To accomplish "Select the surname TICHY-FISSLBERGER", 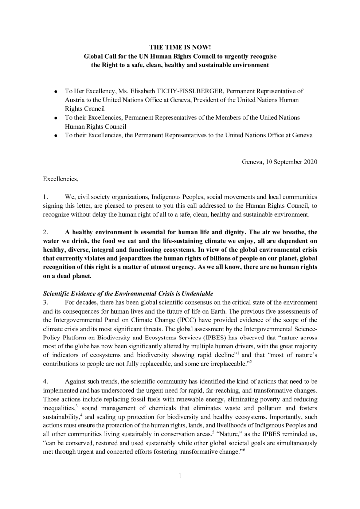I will [206, 91].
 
